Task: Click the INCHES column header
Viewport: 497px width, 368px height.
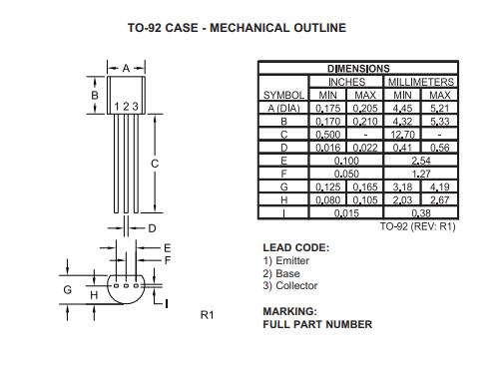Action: click(x=347, y=81)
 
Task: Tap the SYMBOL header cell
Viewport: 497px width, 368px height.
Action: click(x=284, y=94)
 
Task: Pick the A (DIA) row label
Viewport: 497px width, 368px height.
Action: click(x=284, y=107)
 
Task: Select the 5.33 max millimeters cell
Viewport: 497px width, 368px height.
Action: click(x=439, y=120)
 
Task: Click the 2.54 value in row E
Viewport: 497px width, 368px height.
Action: click(x=421, y=159)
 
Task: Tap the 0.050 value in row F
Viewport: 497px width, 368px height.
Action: click(x=347, y=172)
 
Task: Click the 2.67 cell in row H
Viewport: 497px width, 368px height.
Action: click(x=439, y=197)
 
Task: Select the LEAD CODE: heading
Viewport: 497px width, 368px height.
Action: click(x=295, y=247)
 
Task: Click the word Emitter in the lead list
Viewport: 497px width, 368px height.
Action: click(x=291, y=260)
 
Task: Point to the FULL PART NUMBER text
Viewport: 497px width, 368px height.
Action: click(x=317, y=324)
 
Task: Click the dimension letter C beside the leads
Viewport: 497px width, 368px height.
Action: click(x=155, y=162)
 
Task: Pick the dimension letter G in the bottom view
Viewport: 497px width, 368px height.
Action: click(x=68, y=289)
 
